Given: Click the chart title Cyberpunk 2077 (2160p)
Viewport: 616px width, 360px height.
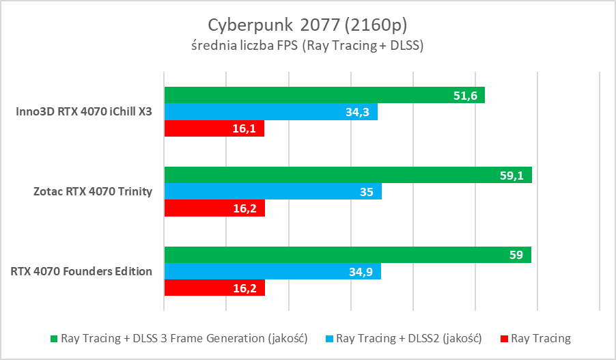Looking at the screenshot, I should [x=307, y=25].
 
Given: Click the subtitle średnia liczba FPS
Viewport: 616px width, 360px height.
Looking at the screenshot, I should [x=307, y=46].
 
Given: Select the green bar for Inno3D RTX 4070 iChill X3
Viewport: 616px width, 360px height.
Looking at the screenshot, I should [x=324, y=95].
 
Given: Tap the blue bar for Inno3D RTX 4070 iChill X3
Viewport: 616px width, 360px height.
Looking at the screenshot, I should [x=270, y=112].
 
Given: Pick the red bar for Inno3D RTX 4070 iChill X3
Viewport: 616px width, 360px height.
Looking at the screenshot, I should [x=214, y=128].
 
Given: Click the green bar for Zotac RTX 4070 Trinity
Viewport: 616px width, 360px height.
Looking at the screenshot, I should [x=348, y=175].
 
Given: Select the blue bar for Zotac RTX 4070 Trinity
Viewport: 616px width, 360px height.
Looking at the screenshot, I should [x=272, y=192].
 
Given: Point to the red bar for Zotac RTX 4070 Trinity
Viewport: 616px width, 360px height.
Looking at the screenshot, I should [x=214, y=208].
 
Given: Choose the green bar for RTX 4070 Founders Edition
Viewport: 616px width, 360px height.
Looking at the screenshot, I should [x=348, y=255].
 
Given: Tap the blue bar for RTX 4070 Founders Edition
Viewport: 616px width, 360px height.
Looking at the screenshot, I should [x=272, y=272].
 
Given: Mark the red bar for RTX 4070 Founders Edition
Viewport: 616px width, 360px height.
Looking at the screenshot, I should [x=214, y=288].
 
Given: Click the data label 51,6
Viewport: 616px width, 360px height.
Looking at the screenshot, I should [x=464, y=96].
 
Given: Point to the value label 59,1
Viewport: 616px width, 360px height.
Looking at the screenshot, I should [x=512, y=176].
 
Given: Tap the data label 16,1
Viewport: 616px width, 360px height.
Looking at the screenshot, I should [x=244, y=129].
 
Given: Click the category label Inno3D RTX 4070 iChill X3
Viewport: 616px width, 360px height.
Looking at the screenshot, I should [x=84, y=112].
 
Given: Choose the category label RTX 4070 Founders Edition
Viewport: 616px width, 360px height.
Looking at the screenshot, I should [x=81, y=271].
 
